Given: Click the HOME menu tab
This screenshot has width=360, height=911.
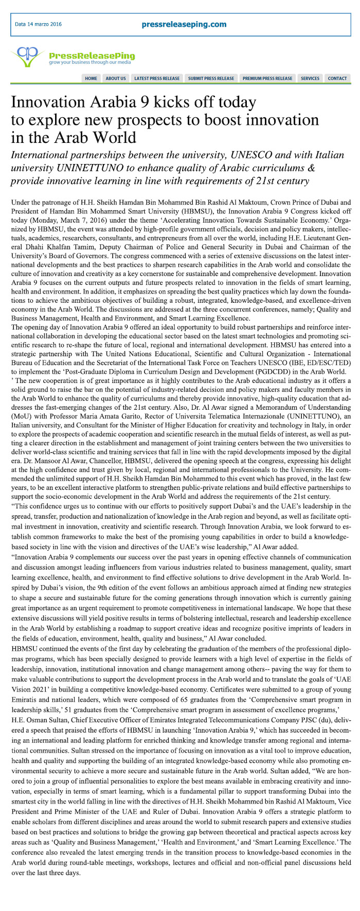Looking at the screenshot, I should pyautogui.click(x=91, y=78).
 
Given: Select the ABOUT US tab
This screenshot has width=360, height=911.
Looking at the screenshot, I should pyautogui.click(x=116, y=78).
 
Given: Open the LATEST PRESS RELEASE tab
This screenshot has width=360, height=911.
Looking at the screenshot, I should pyautogui.click(x=157, y=78).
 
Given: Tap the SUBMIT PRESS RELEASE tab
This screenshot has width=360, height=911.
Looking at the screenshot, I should pyautogui.click(x=211, y=78).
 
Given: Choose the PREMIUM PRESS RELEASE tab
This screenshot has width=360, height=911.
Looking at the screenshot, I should pyautogui.click(x=267, y=78).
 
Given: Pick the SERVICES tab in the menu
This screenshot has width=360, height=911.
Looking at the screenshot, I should pyautogui.click(x=310, y=78).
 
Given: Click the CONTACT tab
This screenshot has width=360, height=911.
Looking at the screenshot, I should pyautogui.click(x=337, y=78).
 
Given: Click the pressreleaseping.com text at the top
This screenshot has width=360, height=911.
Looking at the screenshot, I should pyautogui.click(x=184, y=24).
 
